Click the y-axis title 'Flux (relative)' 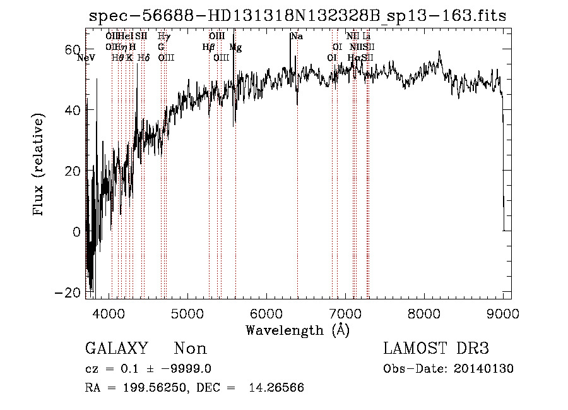tap(39, 166)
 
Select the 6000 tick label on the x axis tap(266, 313)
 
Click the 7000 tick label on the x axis tap(345, 313)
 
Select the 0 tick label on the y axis tap(76, 232)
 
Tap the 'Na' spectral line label tap(297, 37)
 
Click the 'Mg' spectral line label tap(235, 47)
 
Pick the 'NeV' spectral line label tap(85, 58)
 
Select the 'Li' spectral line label tap(367, 37)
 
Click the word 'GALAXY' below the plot tap(116, 349)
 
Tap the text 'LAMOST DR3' tap(436, 349)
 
